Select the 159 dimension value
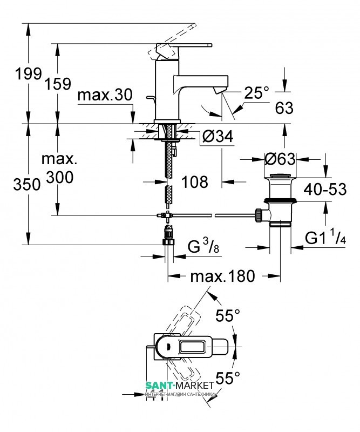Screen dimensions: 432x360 [x=59, y=84]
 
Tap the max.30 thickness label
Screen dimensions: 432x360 [x=105, y=96]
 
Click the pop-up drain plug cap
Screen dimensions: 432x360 [x=281, y=177]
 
